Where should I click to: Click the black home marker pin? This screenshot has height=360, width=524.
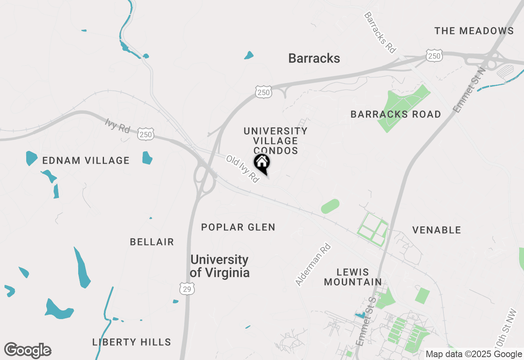coord(262,164)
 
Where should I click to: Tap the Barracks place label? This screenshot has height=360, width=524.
coord(314,59)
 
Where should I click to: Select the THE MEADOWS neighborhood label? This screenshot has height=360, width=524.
coord(474,31)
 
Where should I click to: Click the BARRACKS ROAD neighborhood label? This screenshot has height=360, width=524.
coord(395,115)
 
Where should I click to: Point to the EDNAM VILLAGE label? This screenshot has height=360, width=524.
coord(86,161)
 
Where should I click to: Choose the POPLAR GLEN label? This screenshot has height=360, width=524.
coord(238,227)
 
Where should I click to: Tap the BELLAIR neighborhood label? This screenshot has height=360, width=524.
coord(152,242)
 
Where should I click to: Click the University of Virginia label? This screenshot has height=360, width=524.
coord(220,266)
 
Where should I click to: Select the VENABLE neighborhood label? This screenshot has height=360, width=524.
coord(436,230)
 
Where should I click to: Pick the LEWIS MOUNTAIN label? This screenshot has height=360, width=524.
coord(353,277)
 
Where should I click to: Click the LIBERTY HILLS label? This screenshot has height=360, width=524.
coord(131,342)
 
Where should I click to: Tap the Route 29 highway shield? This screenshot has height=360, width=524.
coord(187,289)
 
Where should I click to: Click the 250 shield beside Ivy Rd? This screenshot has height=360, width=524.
coord(146,134)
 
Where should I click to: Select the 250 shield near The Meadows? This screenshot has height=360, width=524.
coord(434,56)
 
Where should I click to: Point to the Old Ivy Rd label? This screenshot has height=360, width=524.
coord(243,169)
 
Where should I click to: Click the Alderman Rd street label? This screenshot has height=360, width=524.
coord(313,265)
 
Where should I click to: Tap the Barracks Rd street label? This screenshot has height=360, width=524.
coord(380,32)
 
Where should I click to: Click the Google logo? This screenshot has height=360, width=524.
coord(27,350)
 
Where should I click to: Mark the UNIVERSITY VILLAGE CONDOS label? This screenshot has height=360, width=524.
coord(276,141)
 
